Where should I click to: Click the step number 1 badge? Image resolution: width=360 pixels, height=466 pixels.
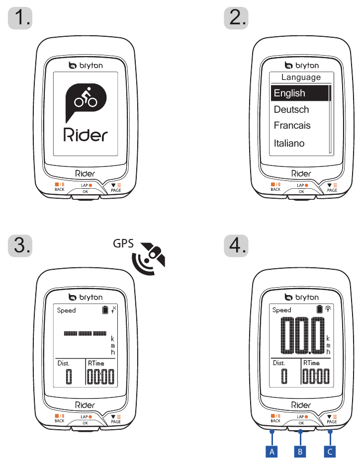20,18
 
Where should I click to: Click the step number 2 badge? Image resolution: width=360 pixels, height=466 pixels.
236,18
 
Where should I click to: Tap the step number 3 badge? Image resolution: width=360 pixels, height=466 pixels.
20,246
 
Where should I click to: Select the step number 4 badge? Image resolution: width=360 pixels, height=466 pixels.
236,246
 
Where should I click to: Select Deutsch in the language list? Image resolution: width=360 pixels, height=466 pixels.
291,109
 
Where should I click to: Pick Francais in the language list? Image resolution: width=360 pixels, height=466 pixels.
292,125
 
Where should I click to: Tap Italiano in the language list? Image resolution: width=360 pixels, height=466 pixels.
289,143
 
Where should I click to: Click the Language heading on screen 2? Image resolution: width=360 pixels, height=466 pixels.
301,78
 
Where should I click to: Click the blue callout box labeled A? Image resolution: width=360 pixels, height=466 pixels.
271,452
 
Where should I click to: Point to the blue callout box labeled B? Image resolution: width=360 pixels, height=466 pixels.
300,452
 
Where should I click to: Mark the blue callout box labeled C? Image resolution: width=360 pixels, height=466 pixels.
330,452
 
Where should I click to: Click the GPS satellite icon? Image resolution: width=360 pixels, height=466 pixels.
149,258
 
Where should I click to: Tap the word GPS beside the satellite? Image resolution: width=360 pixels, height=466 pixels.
123,244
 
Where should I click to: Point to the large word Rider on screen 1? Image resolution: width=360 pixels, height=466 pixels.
86,135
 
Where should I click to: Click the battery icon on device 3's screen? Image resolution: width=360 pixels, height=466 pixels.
105,310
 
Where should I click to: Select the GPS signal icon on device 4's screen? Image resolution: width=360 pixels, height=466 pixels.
328,309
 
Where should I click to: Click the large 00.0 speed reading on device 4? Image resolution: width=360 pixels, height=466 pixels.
303,335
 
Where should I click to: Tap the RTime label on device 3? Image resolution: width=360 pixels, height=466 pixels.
96,363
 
